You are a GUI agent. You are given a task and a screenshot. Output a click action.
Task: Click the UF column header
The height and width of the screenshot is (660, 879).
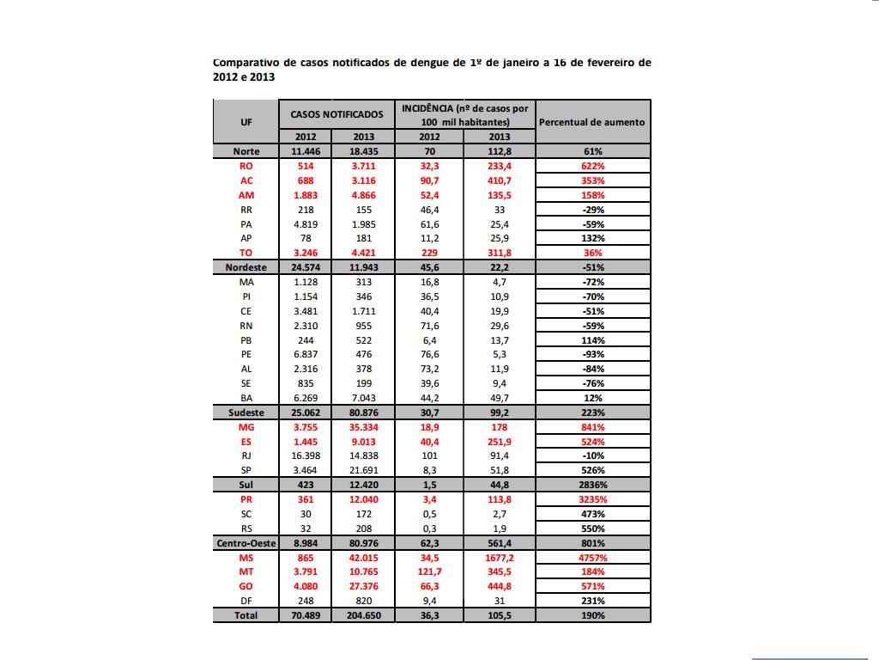(x=246, y=121)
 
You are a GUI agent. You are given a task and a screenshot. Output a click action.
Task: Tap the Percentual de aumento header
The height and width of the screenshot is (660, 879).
(x=591, y=122)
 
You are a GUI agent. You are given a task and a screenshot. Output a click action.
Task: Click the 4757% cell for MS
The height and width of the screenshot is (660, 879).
(x=592, y=558)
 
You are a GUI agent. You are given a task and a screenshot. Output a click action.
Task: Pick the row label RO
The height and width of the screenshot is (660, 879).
(x=246, y=166)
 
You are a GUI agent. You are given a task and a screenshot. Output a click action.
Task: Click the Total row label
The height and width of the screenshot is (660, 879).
(x=246, y=615)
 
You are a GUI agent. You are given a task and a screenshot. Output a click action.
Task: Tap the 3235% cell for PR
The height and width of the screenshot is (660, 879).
(x=592, y=499)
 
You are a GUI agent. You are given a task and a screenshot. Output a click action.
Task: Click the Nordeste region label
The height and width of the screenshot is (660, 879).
(x=246, y=267)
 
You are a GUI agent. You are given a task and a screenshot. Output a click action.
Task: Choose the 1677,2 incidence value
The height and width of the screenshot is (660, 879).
(x=499, y=558)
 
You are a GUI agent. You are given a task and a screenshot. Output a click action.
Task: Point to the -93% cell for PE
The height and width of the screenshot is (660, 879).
(x=592, y=354)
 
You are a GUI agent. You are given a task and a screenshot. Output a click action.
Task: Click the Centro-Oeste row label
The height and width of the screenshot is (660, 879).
(x=246, y=543)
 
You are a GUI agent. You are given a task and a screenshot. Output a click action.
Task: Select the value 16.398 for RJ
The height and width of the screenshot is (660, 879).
(x=306, y=455)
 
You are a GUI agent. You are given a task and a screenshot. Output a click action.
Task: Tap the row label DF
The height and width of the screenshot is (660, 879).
(x=246, y=601)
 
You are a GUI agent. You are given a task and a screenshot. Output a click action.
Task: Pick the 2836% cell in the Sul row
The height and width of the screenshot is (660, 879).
(x=592, y=485)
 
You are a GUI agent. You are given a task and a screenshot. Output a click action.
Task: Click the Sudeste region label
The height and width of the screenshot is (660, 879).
(x=246, y=412)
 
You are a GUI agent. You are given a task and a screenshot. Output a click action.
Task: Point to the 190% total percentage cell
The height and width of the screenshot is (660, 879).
(x=592, y=615)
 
